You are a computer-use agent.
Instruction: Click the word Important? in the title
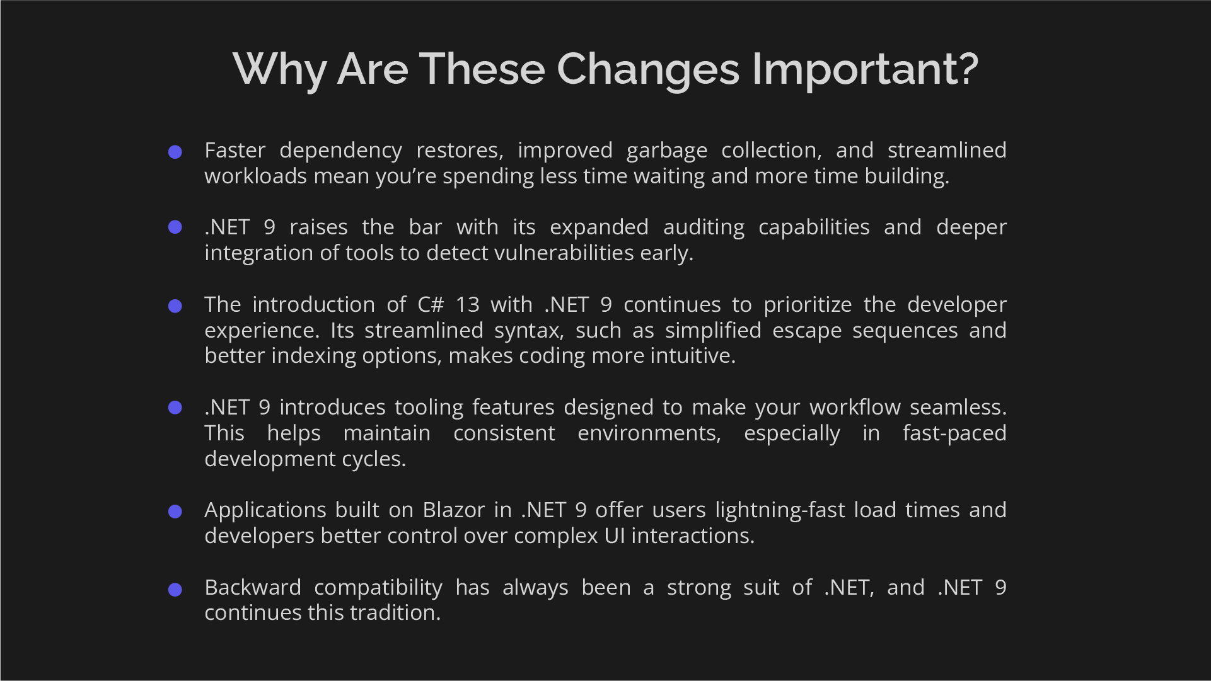(x=865, y=69)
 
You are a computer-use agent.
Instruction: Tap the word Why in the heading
(x=279, y=69)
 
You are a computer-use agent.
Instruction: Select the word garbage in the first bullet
(x=667, y=151)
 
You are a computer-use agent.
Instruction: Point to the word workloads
(x=256, y=176)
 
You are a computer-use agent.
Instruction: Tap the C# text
(x=431, y=305)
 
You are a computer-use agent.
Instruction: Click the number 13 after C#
(x=467, y=305)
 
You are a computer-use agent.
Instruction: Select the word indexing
(x=313, y=356)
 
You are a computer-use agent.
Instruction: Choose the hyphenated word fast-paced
(x=954, y=433)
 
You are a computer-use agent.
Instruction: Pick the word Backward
(x=253, y=588)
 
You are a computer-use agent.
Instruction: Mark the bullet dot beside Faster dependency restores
(x=175, y=152)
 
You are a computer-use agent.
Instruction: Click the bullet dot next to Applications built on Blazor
(x=175, y=512)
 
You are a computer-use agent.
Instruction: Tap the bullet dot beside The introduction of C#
(x=175, y=306)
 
